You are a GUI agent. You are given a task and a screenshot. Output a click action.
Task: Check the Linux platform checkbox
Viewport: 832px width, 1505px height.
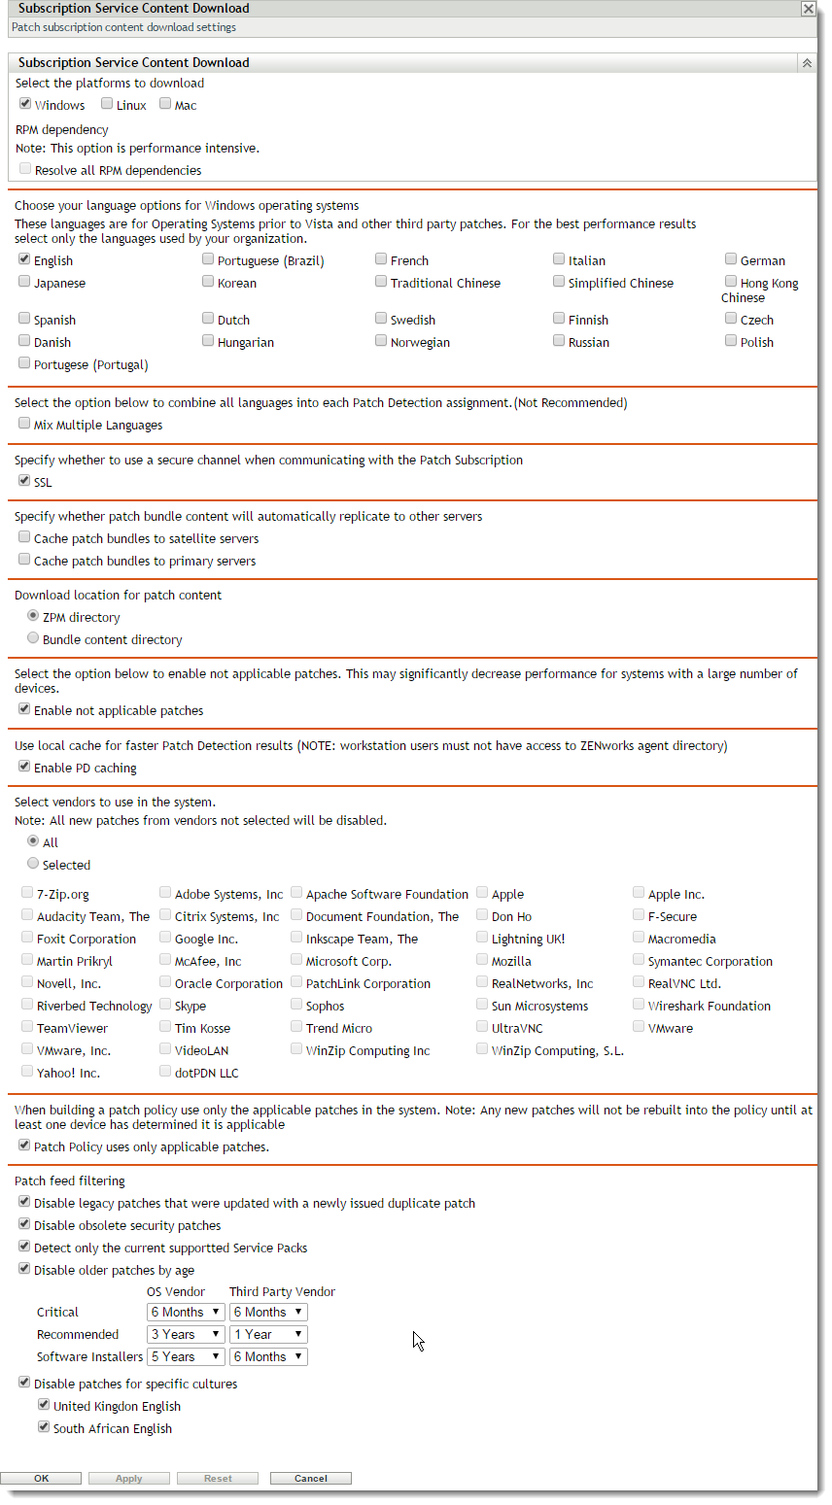(x=108, y=104)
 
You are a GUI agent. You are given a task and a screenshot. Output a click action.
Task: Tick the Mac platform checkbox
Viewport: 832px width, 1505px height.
(x=166, y=104)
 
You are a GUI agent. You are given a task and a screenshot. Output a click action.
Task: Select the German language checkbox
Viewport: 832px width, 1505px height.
(x=731, y=259)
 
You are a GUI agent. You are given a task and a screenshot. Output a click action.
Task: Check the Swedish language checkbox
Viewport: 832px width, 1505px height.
(x=381, y=319)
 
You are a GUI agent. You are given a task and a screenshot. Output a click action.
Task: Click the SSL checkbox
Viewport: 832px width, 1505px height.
(x=24, y=481)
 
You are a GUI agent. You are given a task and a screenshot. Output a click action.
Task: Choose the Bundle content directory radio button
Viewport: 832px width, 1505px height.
(x=33, y=638)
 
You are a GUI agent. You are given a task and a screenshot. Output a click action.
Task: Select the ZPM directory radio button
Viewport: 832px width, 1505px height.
(x=33, y=616)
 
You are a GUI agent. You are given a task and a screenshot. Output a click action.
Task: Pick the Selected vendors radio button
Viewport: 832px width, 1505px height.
(x=33, y=864)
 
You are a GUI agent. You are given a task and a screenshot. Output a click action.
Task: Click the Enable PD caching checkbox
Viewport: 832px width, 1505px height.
(x=24, y=767)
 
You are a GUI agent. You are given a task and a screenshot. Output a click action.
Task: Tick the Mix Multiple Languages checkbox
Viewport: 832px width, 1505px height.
(x=24, y=424)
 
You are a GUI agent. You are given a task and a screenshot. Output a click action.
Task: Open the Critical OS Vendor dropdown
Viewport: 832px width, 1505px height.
(x=186, y=1312)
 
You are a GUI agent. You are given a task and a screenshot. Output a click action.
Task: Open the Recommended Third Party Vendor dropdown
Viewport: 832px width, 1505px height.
(x=268, y=1334)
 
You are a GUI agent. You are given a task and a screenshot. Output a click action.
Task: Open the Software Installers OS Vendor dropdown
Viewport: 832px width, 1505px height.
(x=186, y=1356)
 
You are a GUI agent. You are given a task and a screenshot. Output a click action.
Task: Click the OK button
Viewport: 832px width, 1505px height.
(x=41, y=1478)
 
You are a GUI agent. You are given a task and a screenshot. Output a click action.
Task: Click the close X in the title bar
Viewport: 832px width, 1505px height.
(x=808, y=9)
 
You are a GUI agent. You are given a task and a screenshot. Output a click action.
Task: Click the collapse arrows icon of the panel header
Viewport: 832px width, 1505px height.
(x=806, y=63)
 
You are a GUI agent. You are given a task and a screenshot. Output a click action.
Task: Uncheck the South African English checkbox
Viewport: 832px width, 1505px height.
(x=44, y=1427)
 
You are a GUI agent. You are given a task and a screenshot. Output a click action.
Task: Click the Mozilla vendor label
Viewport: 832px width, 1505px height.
(x=511, y=961)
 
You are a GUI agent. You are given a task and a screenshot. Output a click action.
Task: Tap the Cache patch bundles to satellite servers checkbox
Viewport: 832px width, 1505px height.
(x=24, y=537)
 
